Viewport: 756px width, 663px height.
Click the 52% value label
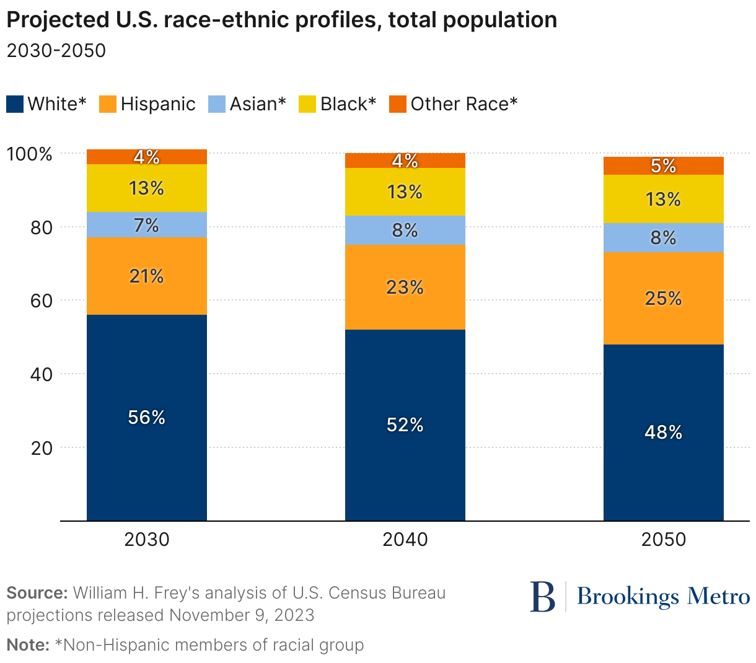coord(405,425)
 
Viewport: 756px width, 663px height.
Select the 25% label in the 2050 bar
coord(663,299)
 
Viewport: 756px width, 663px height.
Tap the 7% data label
coord(146,225)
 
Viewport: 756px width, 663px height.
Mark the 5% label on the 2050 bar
coord(663,166)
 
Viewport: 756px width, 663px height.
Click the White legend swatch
coord(15,104)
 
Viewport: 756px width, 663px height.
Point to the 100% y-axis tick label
coord(29,154)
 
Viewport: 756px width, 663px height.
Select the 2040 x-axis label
coord(405,540)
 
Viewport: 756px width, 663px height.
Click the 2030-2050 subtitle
coord(56,50)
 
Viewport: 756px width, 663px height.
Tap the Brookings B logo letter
coord(543,597)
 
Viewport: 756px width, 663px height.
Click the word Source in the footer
coord(37,593)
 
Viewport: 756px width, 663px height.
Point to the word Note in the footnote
coord(27,645)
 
